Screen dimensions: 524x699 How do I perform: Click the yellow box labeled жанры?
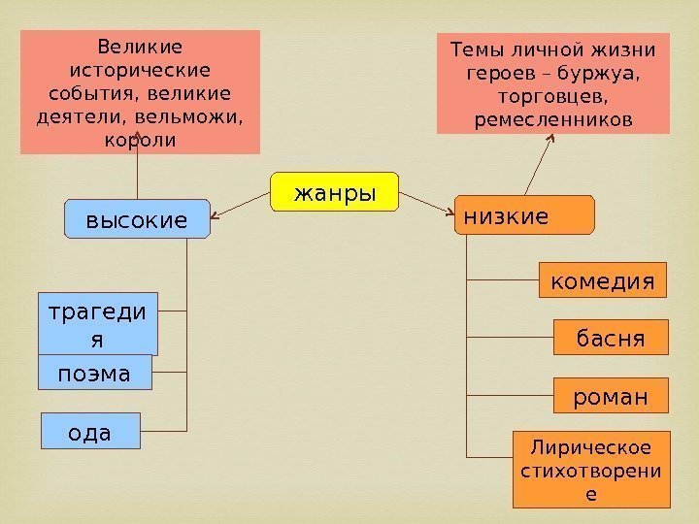(335, 192)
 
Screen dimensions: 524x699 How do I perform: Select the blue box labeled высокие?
(137, 219)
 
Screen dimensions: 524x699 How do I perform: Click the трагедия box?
(97, 324)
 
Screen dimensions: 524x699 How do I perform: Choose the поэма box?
(95, 373)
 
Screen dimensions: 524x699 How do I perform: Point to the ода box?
(89, 431)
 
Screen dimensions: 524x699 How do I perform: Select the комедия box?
(603, 281)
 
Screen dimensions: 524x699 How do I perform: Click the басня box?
(611, 338)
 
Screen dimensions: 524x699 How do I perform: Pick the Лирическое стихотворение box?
(591, 470)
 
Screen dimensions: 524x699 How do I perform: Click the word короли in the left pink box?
(140, 139)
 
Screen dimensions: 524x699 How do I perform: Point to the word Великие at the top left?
(141, 46)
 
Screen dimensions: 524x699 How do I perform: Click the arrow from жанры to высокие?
(240, 205)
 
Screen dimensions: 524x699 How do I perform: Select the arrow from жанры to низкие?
(427, 202)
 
